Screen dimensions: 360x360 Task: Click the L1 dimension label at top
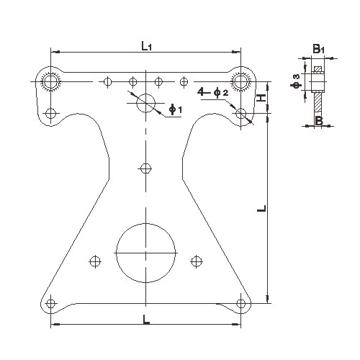click(x=146, y=46)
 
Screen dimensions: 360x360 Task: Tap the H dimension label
click(x=261, y=97)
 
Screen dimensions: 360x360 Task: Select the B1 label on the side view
click(x=318, y=49)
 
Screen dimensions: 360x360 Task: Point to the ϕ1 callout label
click(x=176, y=109)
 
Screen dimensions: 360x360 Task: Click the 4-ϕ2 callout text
click(x=212, y=92)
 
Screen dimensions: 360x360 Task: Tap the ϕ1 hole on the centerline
click(x=145, y=103)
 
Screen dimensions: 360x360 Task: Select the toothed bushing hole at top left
click(x=50, y=81)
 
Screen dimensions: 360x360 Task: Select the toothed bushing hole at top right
click(x=240, y=81)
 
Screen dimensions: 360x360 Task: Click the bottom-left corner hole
click(x=50, y=304)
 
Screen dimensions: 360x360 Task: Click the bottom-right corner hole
click(x=240, y=304)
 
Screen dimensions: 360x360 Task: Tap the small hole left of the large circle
click(x=95, y=261)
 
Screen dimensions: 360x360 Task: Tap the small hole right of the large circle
click(x=197, y=261)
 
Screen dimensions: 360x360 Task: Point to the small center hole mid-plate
click(x=145, y=168)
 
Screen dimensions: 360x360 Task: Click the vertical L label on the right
click(x=261, y=208)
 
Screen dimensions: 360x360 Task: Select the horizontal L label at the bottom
click(x=146, y=320)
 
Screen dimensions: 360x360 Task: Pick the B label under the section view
click(x=319, y=121)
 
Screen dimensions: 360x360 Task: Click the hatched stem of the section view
click(x=318, y=102)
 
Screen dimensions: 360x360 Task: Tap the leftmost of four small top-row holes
click(x=107, y=81)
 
